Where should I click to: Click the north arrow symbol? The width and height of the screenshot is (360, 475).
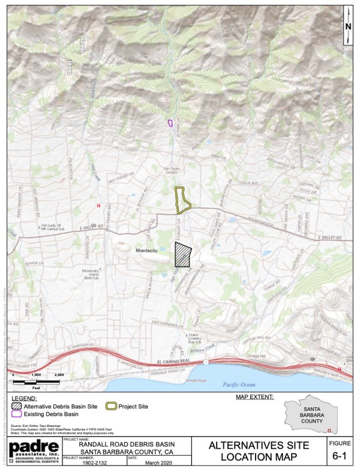348,27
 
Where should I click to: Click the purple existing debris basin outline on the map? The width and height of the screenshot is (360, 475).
170,123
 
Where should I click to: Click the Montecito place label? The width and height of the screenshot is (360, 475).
146,251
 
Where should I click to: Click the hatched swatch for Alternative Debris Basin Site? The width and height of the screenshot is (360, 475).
17,407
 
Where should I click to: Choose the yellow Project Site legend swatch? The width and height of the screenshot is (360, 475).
111,407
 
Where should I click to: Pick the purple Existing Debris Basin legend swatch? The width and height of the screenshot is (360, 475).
17,414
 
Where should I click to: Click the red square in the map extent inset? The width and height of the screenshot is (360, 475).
328,430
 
